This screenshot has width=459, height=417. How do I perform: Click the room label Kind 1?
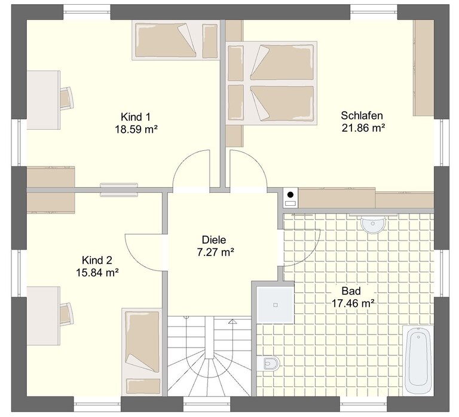pyautogui.click(x=136, y=117)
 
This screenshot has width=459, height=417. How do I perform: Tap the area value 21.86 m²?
pyautogui.click(x=363, y=128)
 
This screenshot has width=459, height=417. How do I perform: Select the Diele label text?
pyautogui.click(x=214, y=240)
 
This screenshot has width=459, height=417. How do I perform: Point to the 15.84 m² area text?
pyautogui.click(x=97, y=273)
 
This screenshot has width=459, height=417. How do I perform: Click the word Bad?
pyautogui.click(x=351, y=291)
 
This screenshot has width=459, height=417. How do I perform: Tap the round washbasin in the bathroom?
pyautogui.click(x=373, y=225)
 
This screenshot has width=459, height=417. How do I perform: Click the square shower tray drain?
pyautogui.click(x=275, y=305)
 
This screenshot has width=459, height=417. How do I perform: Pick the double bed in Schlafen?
pyautogui.click(x=273, y=83)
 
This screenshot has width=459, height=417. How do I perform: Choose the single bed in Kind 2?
pyautogui.click(x=142, y=351)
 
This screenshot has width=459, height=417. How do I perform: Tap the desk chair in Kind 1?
pyautogui.click(x=67, y=98)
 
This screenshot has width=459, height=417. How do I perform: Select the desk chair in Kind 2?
pyautogui.click(x=67, y=314)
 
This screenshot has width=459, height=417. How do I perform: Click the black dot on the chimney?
pyautogui.click(x=290, y=194)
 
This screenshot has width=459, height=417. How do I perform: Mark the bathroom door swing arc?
pyautogui.click(x=309, y=252)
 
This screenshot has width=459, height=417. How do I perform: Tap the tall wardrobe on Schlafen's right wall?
pyautogui.click(x=424, y=68)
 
